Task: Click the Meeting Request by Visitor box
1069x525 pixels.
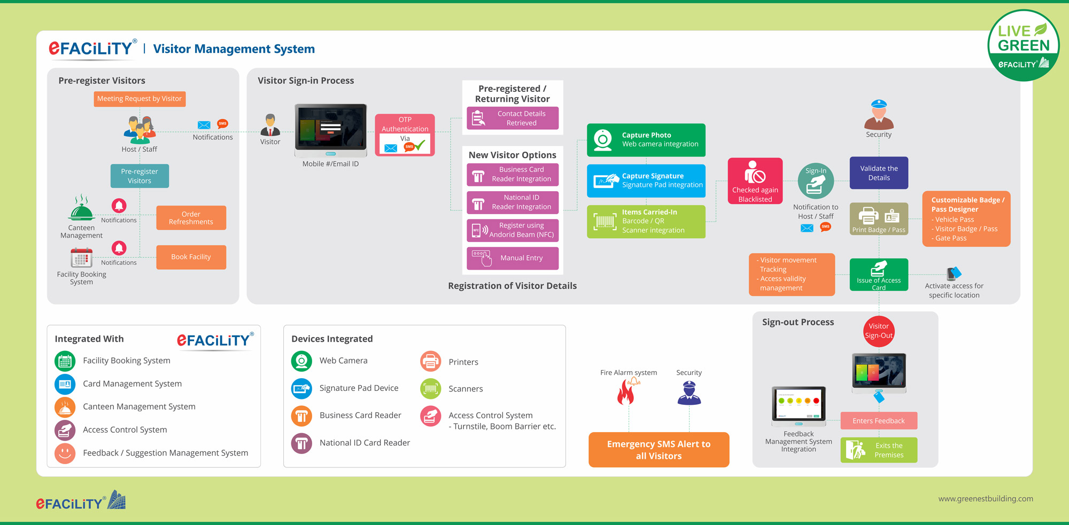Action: (140, 99)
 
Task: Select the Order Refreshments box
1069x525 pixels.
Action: (191, 218)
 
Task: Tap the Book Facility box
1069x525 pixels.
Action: (191, 257)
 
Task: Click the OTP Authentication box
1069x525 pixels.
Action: (405, 135)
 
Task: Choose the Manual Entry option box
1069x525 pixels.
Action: (513, 258)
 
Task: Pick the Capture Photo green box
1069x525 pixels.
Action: (646, 140)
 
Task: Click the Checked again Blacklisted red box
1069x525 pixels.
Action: (755, 181)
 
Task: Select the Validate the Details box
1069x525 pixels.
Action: (879, 173)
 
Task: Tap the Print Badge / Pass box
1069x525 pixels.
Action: (879, 219)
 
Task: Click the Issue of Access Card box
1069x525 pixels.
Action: (879, 275)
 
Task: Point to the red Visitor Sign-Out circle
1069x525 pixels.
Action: (879, 331)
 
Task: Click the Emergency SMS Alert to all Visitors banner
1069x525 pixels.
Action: (659, 450)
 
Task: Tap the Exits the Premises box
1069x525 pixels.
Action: (879, 450)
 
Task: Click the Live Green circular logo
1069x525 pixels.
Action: (1023, 46)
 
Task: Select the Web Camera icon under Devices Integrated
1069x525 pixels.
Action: (301, 361)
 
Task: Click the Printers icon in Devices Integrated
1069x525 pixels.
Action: (431, 362)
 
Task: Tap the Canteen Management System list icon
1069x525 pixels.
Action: (65, 407)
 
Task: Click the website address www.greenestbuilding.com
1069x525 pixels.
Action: (985, 499)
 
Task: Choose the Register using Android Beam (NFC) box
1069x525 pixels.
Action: (513, 230)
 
